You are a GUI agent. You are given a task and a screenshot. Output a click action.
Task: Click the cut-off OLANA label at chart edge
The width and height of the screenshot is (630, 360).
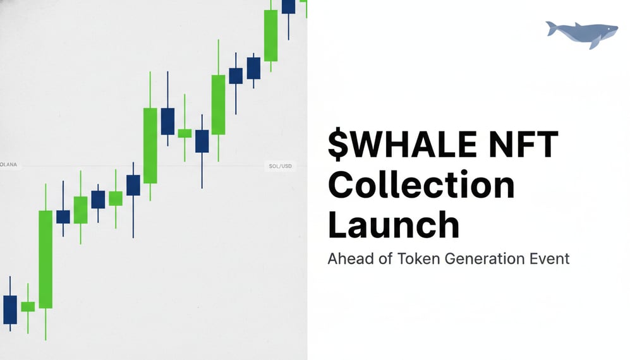[x=9, y=165]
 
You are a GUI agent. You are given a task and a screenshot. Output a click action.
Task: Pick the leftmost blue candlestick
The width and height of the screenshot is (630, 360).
[x=10, y=309]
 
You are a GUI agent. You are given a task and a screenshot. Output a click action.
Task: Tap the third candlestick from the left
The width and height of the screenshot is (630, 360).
[x=45, y=259]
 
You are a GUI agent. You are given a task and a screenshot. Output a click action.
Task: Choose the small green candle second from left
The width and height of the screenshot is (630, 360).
[x=28, y=306]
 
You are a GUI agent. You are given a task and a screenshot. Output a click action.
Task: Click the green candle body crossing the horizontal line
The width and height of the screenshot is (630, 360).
[x=150, y=145]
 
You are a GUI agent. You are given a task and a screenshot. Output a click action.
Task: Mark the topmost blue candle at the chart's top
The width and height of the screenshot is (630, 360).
[x=288, y=6]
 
